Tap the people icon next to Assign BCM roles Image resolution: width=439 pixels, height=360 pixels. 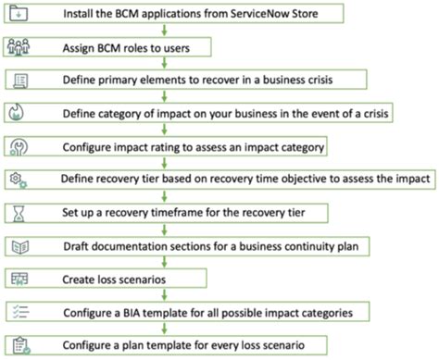(x=20, y=46)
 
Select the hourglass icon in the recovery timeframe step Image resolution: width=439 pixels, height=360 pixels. (x=20, y=213)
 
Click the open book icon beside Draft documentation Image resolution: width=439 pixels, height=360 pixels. (x=20, y=246)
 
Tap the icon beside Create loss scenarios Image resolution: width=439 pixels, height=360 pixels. (x=20, y=279)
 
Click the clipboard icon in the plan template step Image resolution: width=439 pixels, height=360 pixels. (x=20, y=345)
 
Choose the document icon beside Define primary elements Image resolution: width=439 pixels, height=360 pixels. (x=20, y=81)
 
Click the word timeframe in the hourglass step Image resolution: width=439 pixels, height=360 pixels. (x=178, y=213)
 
